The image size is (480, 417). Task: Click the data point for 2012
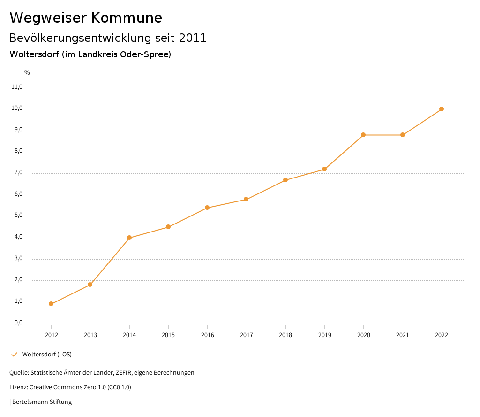click(51, 304)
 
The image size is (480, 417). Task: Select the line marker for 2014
click(129, 238)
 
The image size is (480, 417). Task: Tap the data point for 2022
click(442, 109)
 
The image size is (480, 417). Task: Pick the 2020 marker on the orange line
click(363, 135)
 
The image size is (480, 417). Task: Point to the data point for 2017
click(246, 199)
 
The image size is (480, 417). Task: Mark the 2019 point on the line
click(324, 169)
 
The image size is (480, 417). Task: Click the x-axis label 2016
click(207, 335)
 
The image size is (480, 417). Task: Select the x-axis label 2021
click(403, 335)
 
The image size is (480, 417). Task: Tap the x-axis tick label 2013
click(90, 335)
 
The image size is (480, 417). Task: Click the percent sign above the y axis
click(27, 72)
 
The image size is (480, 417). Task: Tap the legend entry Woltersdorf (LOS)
click(47, 354)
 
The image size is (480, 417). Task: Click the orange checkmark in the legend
click(14, 354)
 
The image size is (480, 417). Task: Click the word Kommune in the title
click(127, 18)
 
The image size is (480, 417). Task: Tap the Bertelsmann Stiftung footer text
click(42, 402)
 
